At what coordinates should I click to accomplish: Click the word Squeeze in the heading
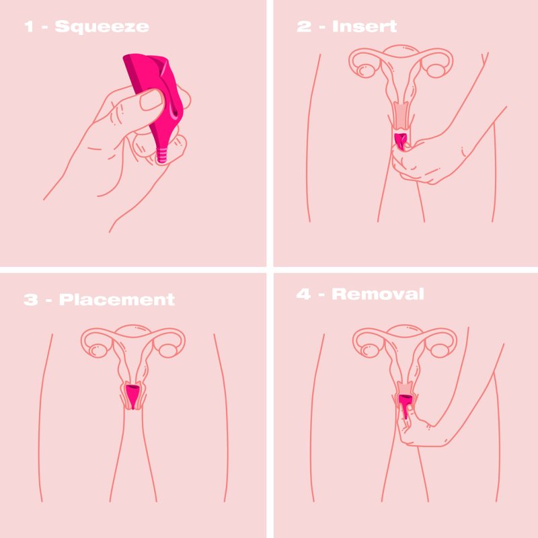[102, 27]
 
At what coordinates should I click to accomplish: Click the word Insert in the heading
[364, 26]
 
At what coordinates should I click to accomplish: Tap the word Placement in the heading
[117, 299]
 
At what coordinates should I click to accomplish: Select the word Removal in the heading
[378, 294]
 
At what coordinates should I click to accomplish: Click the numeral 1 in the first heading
[29, 27]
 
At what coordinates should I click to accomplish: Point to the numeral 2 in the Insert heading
[304, 26]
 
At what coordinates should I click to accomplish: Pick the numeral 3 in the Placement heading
[31, 299]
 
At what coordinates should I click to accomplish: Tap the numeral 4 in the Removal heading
[304, 294]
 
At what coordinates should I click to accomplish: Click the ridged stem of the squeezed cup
[162, 155]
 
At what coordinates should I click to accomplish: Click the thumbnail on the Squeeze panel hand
[151, 100]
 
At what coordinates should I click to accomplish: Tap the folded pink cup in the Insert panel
[400, 141]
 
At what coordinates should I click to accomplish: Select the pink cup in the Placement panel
[132, 397]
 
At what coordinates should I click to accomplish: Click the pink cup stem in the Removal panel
[406, 410]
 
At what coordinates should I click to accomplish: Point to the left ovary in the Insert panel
[365, 71]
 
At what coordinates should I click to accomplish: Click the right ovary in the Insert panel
[435, 70]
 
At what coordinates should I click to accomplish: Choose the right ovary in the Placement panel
[167, 350]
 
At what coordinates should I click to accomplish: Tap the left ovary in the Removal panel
[369, 350]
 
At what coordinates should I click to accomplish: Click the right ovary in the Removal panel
[439, 350]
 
